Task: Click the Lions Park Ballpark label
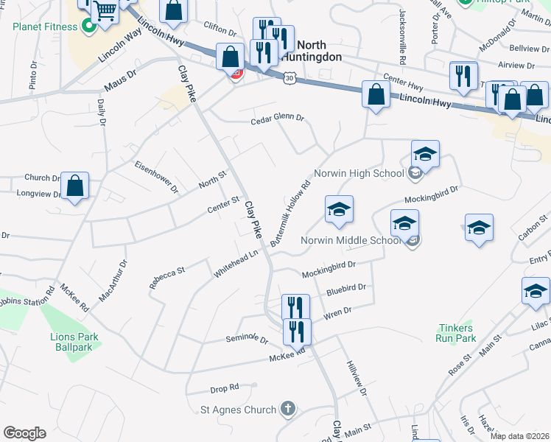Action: point(74,342)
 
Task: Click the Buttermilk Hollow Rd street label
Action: point(291,211)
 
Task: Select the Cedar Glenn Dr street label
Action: point(277,119)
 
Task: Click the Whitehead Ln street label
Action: point(236,263)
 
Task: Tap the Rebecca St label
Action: point(167,282)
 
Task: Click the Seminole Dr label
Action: point(246,339)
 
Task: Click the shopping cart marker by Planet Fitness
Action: point(106,10)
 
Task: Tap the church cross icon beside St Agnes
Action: point(287,409)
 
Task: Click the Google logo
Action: point(24,433)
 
